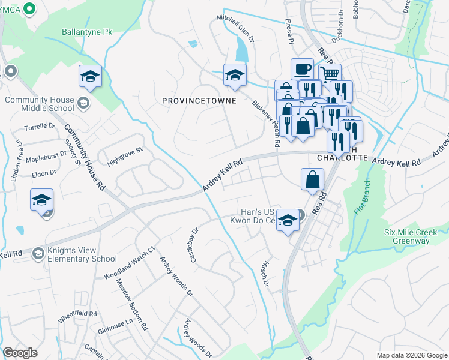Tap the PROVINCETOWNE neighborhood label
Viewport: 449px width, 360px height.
coord(199,101)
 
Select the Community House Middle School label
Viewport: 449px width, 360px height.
coord(40,104)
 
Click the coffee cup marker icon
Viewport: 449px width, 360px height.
coord(302,69)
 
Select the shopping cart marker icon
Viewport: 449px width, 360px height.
coord(330,74)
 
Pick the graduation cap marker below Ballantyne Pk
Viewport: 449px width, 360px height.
coord(90,76)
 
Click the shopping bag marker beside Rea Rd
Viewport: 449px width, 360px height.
coord(312,179)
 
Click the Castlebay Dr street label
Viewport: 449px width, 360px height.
coord(194,244)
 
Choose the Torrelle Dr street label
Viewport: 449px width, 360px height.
coord(40,127)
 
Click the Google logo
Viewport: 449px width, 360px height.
coord(20,353)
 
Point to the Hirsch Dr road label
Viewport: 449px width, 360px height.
coord(264,272)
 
